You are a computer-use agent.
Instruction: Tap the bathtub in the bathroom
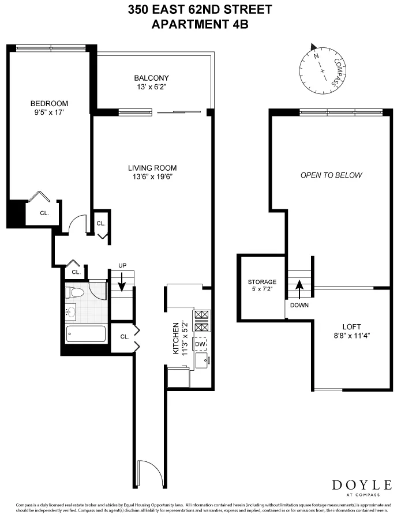[x=86, y=334]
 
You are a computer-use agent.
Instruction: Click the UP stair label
[x=122, y=265]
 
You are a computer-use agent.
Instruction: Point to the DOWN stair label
[x=299, y=304]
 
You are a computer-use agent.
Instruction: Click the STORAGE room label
[x=262, y=282]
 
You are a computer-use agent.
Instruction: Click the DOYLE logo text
[x=361, y=485]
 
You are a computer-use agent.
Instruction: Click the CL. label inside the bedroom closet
[x=44, y=213]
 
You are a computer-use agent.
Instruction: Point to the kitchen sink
[x=202, y=361]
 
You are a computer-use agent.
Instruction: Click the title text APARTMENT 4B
[x=199, y=24]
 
